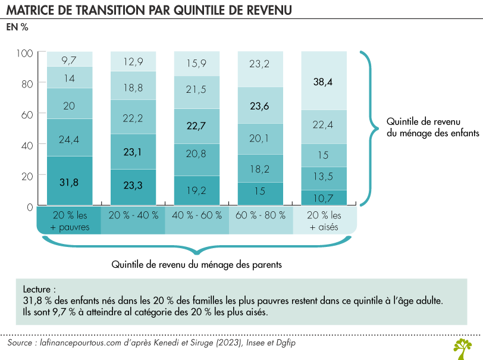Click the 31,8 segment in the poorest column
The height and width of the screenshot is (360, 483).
click(70, 182)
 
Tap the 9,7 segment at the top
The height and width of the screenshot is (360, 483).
click(70, 60)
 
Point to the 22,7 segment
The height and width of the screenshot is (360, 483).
click(196, 126)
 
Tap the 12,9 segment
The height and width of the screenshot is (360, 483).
click(133, 62)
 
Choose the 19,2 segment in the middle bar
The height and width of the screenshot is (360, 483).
click(196, 191)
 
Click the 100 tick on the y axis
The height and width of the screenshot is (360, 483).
click(24, 53)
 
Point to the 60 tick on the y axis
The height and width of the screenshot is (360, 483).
click(27, 114)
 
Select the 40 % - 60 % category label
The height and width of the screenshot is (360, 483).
click(196, 215)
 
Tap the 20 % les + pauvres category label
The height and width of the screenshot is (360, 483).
click(70, 220)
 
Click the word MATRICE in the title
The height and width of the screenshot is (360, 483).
click(33, 11)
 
